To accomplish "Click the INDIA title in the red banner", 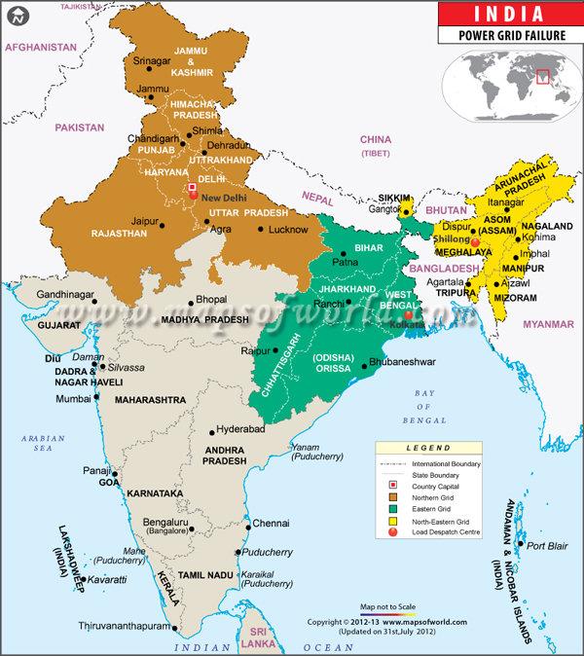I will (508, 14).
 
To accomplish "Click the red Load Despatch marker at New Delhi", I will (193, 195).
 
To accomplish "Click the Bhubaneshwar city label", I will (403, 363).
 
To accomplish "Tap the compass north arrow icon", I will (20, 17).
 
